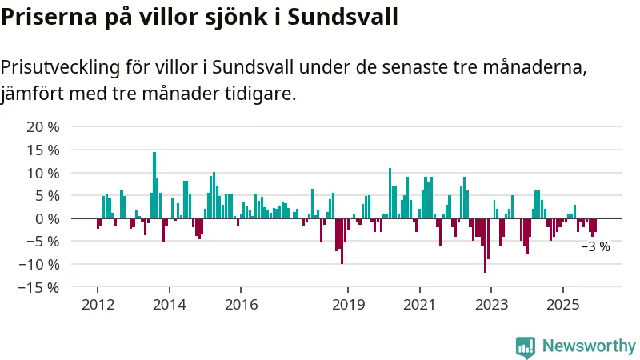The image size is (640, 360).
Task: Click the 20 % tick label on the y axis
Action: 43,127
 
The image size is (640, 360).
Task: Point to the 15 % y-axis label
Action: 43,150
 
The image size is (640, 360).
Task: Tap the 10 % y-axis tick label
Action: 43,173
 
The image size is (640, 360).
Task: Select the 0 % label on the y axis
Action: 47,218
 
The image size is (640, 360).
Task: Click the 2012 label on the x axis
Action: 98,305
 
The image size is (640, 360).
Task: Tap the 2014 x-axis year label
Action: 169,305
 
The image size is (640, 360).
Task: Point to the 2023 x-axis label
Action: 490,305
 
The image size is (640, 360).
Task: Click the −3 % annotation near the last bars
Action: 595,247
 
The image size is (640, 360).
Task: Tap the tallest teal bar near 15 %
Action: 154,185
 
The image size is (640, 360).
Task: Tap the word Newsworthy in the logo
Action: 589,346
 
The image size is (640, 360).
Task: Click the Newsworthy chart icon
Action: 526,346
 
